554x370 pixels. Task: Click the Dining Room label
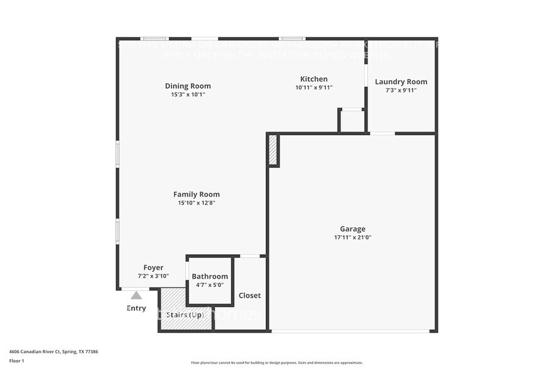[x=188, y=86]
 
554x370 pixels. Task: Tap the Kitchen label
[x=313, y=79]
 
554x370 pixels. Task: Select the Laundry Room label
[x=401, y=82]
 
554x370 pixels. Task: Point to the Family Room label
[x=197, y=194]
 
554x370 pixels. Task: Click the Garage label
[x=352, y=229]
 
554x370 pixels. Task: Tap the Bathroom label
[x=210, y=276]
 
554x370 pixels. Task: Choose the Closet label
[x=249, y=295]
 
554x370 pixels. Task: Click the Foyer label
[x=153, y=267]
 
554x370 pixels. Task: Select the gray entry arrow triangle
[x=136, y=295]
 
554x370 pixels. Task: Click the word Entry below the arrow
[x=136, y=308]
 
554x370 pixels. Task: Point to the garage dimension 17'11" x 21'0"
[x=352, y=238]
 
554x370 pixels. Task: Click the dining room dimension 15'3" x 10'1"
[x=188, y=94]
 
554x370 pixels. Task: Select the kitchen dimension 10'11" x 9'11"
[x=313, y=87]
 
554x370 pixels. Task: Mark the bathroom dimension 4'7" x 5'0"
[x=210, y=284]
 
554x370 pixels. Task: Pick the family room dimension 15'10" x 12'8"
[x=197, y=203]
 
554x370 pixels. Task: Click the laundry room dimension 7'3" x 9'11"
[x=401, y=90]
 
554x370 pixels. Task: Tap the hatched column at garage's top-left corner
[x=273, y=150]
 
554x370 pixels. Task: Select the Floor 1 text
[x=16, y=361]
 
